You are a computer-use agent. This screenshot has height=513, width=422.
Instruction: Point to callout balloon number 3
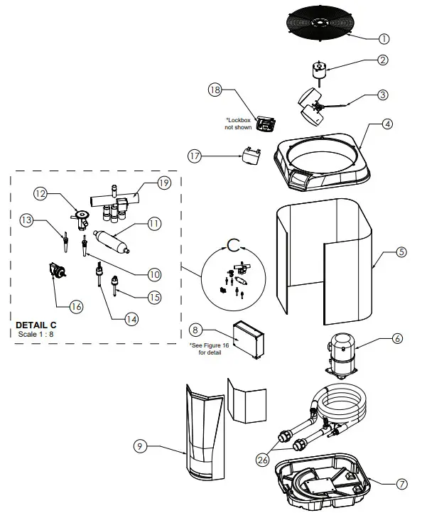[382, 94]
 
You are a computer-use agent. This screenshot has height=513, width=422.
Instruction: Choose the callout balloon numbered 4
[386, 124]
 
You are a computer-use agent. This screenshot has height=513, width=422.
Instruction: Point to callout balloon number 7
[401, 484]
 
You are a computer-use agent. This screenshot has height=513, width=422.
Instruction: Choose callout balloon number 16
[75, 306]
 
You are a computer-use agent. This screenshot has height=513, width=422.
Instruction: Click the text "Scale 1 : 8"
[37, 334]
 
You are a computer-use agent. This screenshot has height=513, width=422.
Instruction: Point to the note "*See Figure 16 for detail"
[206, 348]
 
